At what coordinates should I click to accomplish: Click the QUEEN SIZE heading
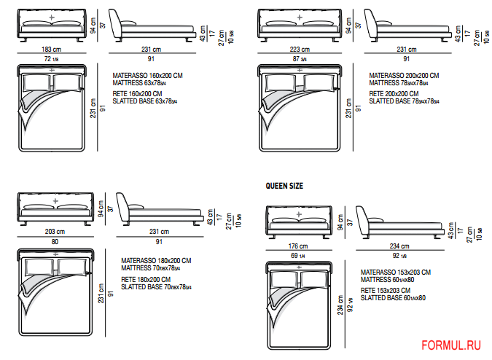284,186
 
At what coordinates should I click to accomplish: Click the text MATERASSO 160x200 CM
147,75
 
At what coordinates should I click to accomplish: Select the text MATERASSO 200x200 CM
404,75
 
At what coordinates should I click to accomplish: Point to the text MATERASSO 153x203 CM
395,273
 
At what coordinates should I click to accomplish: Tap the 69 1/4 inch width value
298,256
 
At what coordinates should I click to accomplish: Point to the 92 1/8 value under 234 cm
399,256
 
